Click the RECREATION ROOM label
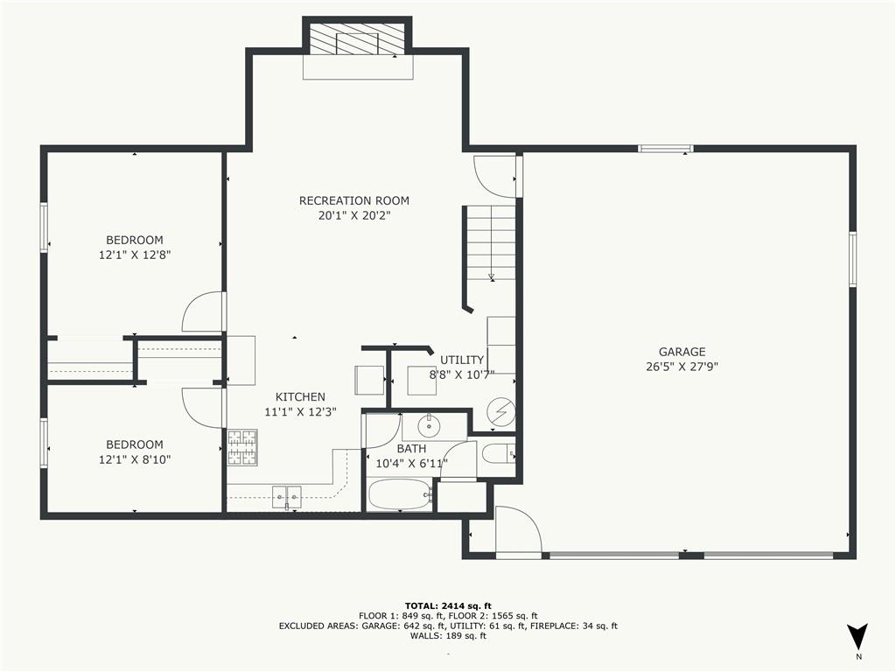(x=353, y=200)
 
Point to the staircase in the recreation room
(x=490, y=243)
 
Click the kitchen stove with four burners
(x=242, y=447)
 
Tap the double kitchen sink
(x=286, y=497)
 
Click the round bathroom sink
(x=429, y=427)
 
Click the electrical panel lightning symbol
(x=501, y=412)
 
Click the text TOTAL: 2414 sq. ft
(x=448, y=605)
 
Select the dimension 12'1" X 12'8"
(x=135, y=255)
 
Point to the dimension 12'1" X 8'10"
(x=134, y=458)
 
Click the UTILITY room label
(x=462, y=360)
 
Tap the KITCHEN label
(x=300, y=396)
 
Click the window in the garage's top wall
(x=665, y=149)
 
